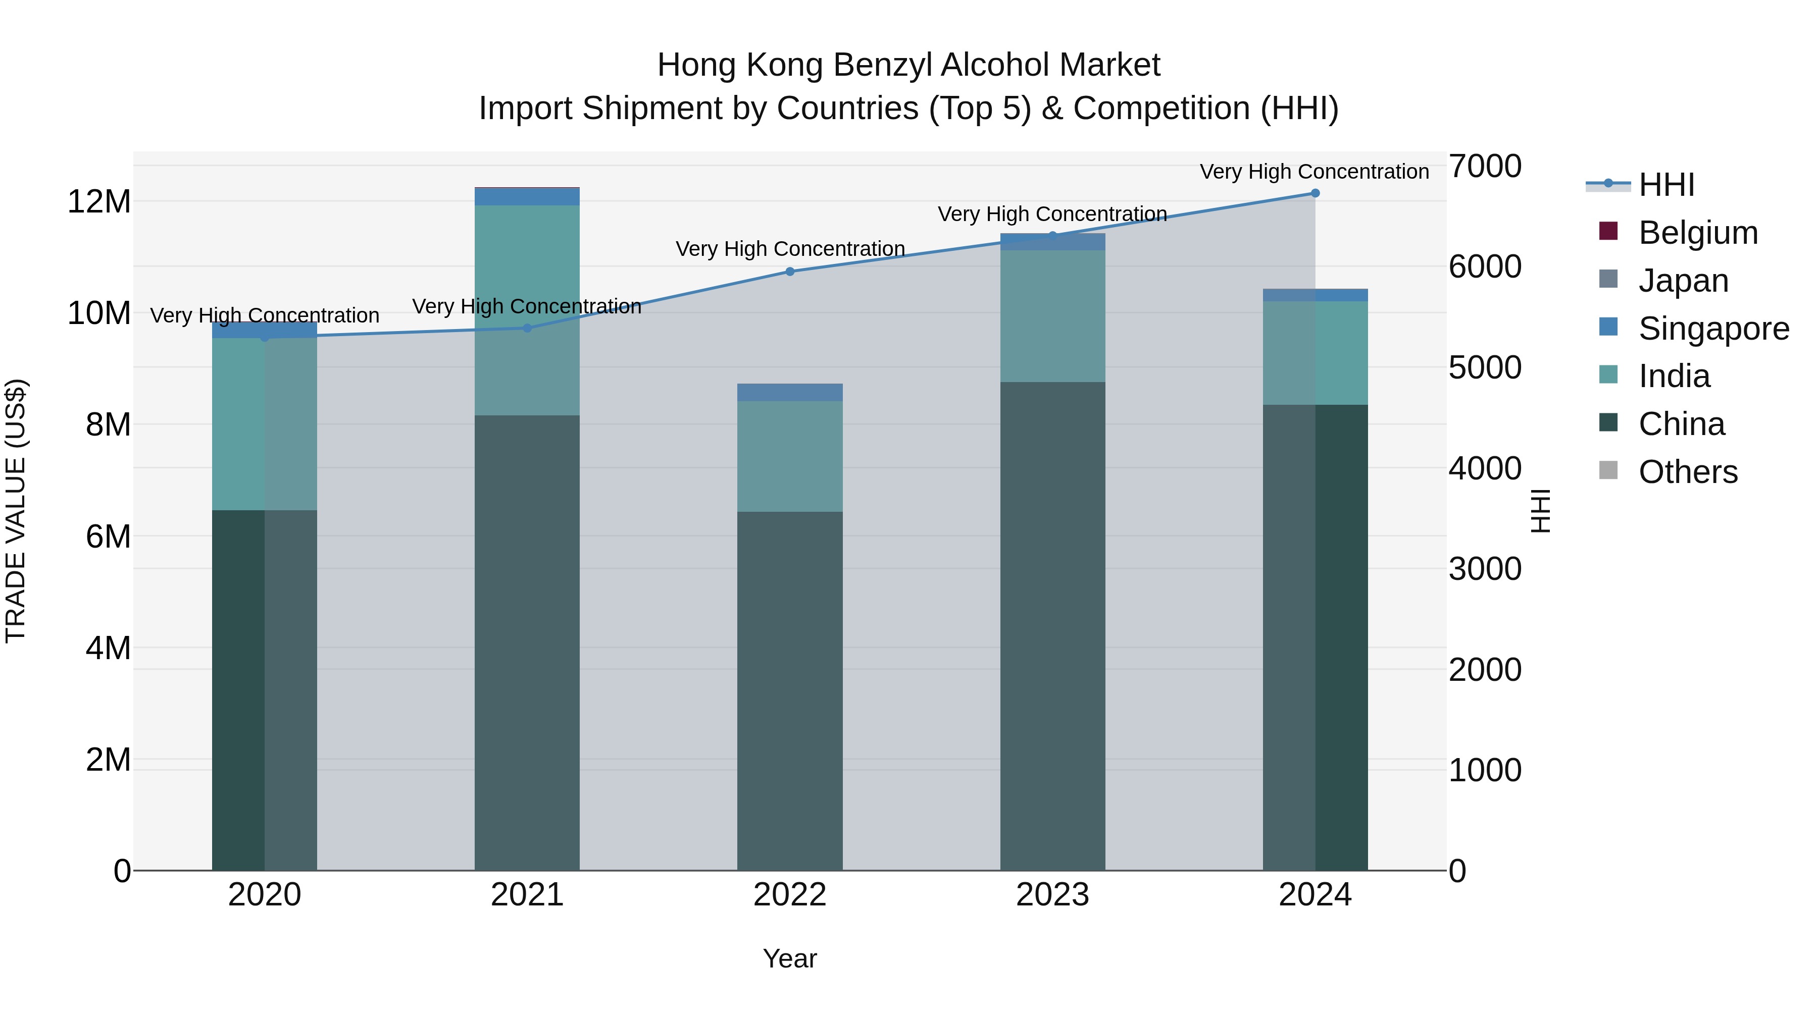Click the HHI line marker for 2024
pyautogui.click(x=1315, y=193)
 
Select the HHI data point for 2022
pyautogui.click(x=790, y=272)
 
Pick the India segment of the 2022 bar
pyautogui.click(x=790, y=456)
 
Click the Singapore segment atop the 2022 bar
pyautogui.click(x=790, y=392)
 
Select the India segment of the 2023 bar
pyautogui.click(x=1052, y=316)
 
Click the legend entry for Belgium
pyautogui.click(x=1697, y=233)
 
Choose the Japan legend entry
pyautogui.click(x=1683, y=281)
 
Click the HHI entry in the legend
pyautogui.click(x=1665, y=185)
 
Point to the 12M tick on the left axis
pyautogui.click(x=99, y=202)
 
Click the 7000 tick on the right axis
pyautogui.click(x=1485, y=167)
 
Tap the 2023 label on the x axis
pyautogui.click(x=1052, y=895)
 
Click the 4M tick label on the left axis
pyautogui.click(x=108, y=648)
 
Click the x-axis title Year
pyautogui.click(x=790, y=958)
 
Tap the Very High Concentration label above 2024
pyautogui.click(x=1314, y=172)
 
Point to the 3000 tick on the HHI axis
pyautogui.click(x=1485, y=569)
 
